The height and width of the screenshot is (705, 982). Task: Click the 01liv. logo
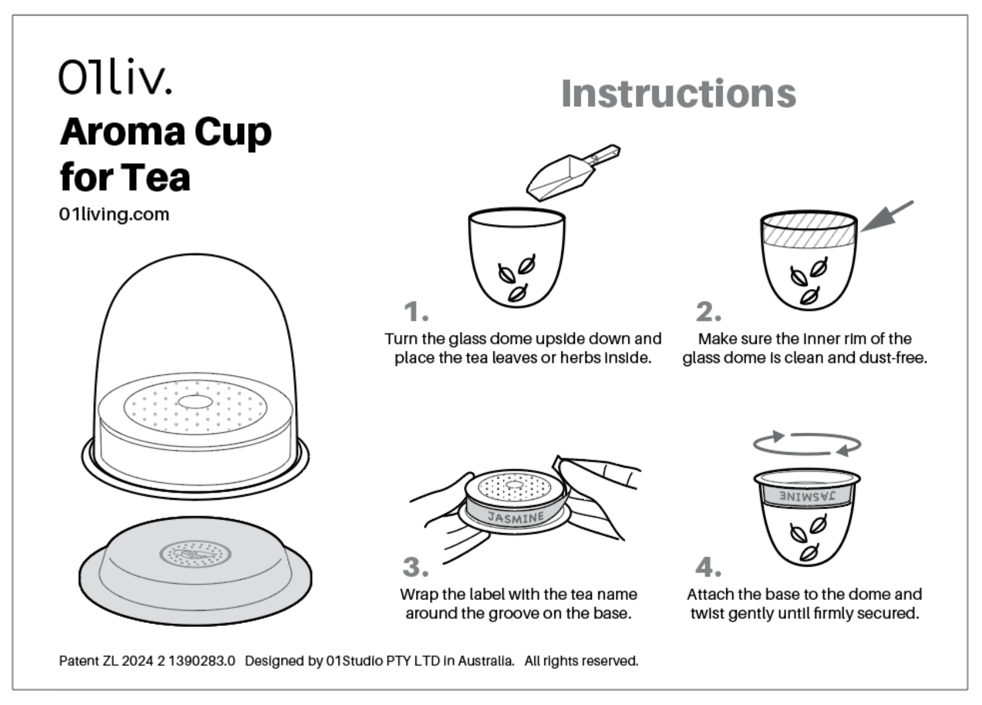coord(115,76)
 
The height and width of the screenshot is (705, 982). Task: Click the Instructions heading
coord(678,94)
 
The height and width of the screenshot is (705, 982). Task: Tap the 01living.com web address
coord(114,215)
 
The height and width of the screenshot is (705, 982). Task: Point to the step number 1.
coord(415,311)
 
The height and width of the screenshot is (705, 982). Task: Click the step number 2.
coord(707,311)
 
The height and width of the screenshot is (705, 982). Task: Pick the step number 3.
coord(415,567)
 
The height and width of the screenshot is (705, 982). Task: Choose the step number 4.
coord(707,567)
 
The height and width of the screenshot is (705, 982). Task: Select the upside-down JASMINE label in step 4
coord(807,496)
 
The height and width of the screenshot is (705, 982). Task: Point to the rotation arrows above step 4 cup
coord(807,445)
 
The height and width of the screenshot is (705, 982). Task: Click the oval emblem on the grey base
coord(195,554)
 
